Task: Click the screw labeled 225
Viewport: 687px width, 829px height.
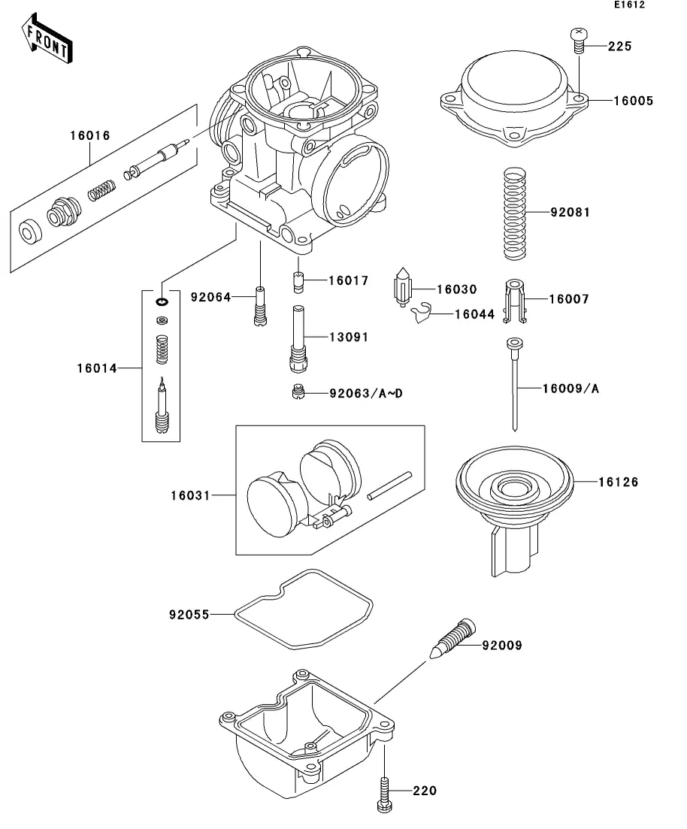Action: click(580, 38)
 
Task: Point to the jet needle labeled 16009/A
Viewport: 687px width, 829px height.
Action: click(513, 383)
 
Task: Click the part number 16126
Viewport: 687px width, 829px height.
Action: click(619, 482)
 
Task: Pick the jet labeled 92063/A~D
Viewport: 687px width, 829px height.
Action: click(298, 393)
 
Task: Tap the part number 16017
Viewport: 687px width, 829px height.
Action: click(348, 281)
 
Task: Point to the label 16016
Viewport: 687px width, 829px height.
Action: click(90, 136)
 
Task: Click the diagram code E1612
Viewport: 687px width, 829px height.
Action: click(628, 5)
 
